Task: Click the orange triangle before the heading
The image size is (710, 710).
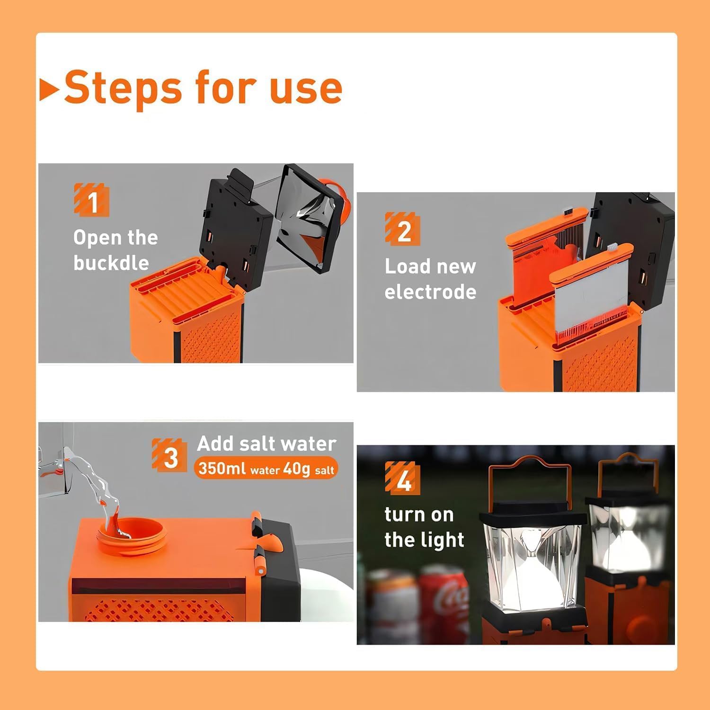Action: (49, 89)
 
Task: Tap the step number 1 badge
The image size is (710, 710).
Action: (92, 200)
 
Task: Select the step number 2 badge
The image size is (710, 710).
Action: (403, 229)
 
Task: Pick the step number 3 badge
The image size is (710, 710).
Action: (169, 455)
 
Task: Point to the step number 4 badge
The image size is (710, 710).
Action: (403, 478)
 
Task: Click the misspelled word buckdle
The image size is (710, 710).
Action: (111, 263)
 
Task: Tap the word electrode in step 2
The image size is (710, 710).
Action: (430, 292)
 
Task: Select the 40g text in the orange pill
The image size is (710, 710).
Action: (297, 469)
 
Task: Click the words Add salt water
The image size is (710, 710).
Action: (266, 444)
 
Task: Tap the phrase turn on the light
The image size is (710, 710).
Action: (424, 527)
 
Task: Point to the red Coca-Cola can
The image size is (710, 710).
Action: (445, 601)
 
